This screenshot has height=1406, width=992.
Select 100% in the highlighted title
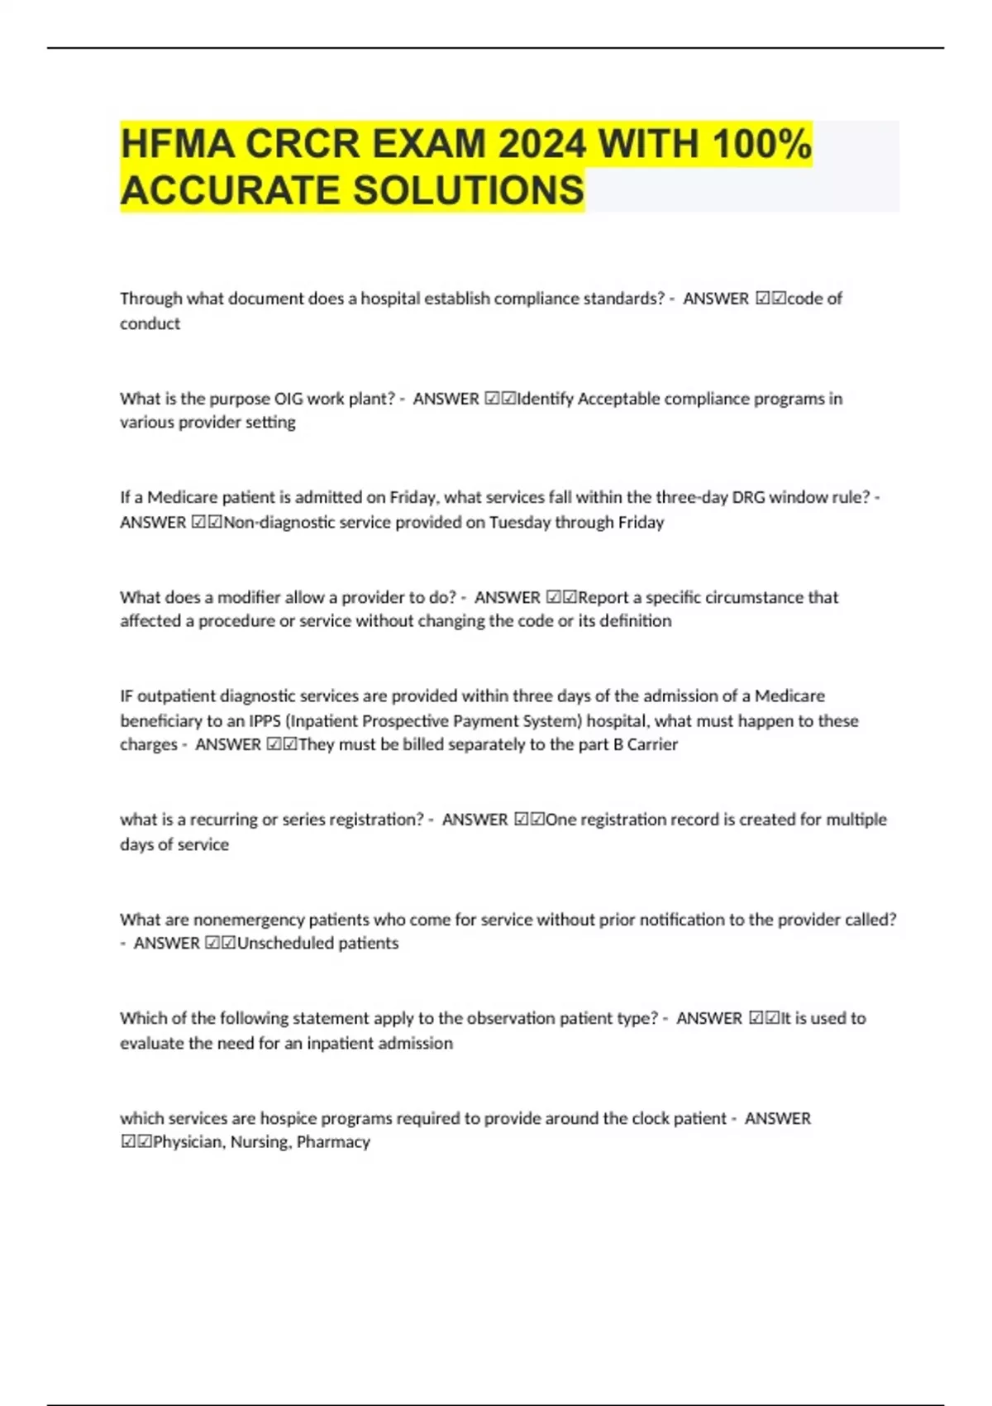(761, 144)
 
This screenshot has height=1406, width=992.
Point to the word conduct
(150, 323)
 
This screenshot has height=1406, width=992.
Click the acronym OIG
(289, 399)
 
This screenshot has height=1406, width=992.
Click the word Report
(603, 597)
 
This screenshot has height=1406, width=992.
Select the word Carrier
(652, 744)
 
